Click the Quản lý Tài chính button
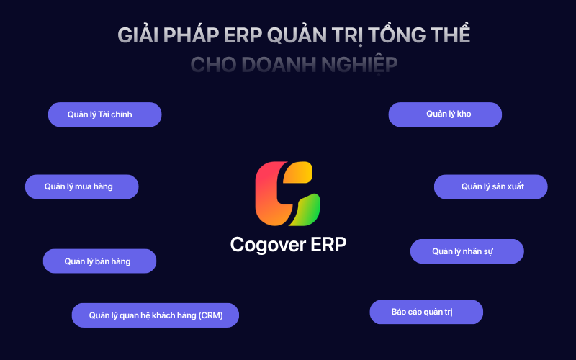pyautogui.click(x=104, y=114)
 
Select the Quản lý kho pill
pyautogui.click(x=445, y=114)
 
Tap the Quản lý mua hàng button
pyautogui.click(x=82, y=186)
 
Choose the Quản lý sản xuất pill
pyautogui.click(x=491, y=186)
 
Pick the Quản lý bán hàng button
pyautogui.click(x=99, y=261)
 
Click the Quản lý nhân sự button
pyautogui.click(x=467, y=251)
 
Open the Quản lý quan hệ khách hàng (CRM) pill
pyautogui.click(x=156, y=315)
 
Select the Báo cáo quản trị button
pyautogui.click(x=426, y=312)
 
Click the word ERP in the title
pyautogui.click(x=243, y=35)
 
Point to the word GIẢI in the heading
pyautogui.click(x=138, y=35)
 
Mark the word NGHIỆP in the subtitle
pyautogui.click(x=359, y=65)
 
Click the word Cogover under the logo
pyautogui.click(x=268, y=245)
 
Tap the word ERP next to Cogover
pyautogui.click(x=328, y=244)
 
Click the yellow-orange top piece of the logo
pyautogui.click(x=297, y=172)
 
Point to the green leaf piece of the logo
pyautogui.click(x=307, y=210)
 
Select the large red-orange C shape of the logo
pyautogui.click(x=270, y=194)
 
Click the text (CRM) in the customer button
pyautogui.click(x=210, y=315)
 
